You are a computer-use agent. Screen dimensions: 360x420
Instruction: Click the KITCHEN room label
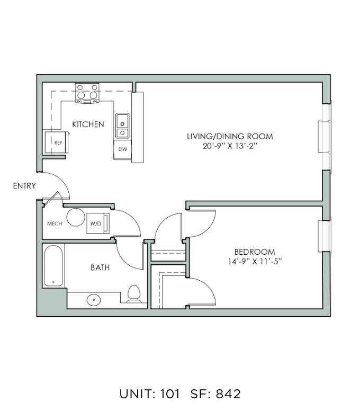(x=88, y=124)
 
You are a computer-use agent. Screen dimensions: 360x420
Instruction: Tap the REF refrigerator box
(x=57, y=142)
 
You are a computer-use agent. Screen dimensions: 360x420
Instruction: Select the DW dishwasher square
(x=123, y=149)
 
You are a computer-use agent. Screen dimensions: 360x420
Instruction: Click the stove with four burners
(x=87, y=93)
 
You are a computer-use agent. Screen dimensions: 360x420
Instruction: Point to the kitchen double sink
(x=122, y=126)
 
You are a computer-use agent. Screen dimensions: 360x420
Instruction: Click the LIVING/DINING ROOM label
(x=230, y=136)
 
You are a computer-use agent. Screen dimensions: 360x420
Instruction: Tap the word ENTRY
(x=24, y=185)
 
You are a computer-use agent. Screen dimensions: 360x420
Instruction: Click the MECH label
(x=55, y=224)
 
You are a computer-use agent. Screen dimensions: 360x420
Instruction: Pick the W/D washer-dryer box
(x=98, y=224)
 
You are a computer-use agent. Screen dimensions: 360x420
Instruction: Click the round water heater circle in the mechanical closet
(x=76, y=217)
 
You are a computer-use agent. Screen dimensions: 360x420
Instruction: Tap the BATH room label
(x=100, y=267)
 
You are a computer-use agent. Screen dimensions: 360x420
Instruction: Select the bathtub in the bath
(x=53, y=266)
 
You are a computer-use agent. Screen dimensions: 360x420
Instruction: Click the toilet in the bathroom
(x=134, y=294)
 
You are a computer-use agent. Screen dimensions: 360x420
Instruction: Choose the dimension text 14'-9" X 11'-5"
(x=255, y=262)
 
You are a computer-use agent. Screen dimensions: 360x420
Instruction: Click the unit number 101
(x=170, y=394)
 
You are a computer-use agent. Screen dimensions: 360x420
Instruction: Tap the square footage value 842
(x=228, y=394)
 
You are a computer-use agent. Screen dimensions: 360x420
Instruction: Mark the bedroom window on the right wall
(x=325, y=236)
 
